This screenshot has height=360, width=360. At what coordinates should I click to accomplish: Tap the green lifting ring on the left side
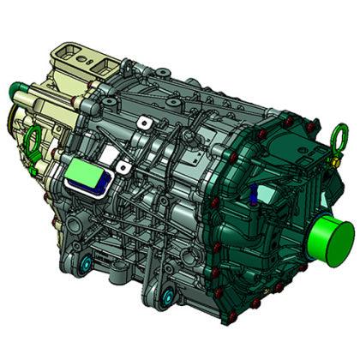click(35, 139)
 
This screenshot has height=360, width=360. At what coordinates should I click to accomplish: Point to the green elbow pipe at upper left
click(18, 89)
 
